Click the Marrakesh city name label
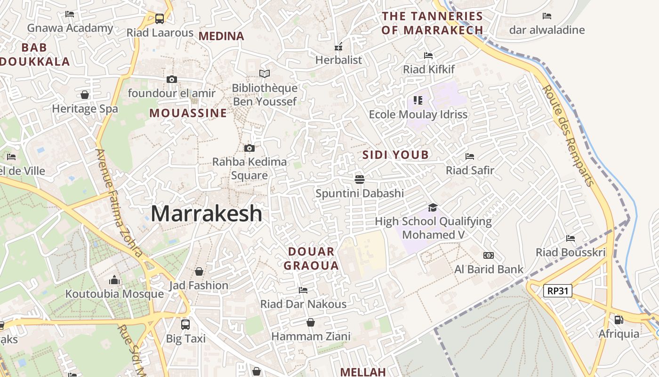(206, 213)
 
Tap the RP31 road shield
(558, 291)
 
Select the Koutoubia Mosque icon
(114, 280)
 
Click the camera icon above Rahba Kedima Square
(249, 148)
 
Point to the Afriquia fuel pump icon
(619, 320)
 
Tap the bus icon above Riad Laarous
(160, 19)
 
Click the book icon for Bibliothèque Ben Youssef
(265, 74)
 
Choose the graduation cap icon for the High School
(433, 207)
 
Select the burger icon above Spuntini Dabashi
(360, 179)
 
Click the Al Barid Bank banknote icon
(489, 255)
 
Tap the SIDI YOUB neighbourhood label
(395, 155)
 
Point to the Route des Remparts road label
(568, 135)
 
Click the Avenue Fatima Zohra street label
(119, 203)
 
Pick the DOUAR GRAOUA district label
(311, 258)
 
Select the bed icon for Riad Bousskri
(571, 238)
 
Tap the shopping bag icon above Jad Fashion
(199, 271)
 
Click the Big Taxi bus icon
(185, 324)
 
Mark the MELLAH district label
(363, 372)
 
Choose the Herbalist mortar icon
(338, 47)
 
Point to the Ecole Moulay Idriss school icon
(418, 100)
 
